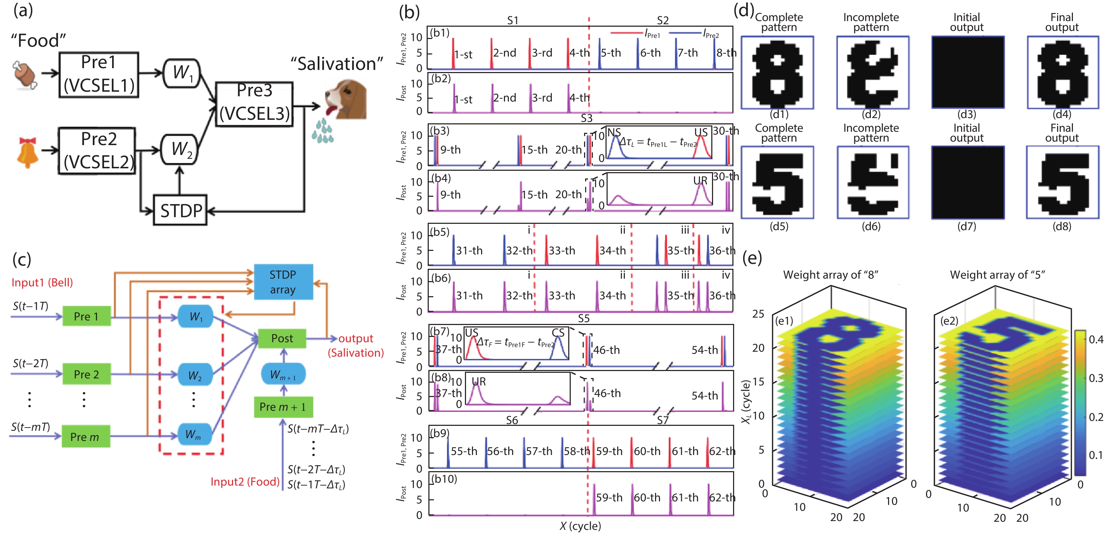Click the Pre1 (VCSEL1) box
pyautogui.click(x=98, y=75)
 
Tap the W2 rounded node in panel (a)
pyautogui.click(x=180, y=149)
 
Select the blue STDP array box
pyautogui.click(x=283, y=282)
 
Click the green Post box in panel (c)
pyautogui.click(x=282, y=338)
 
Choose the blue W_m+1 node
pyautogui.click(x=283, y=375)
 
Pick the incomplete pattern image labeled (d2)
pyautogui.click(x=872, y=73)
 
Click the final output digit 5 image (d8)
pyautogui.click(x=1062, y=183)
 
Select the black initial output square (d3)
pyautogui.click(x=967, y=73)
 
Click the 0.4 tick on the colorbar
pyautogui.click(x=1095, y=340)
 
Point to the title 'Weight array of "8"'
pyautogui.click(x=830, y=275)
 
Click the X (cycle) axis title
pyautogui.click(x=580, y=526)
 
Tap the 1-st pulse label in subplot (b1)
pyautogui.click(x=463, y=54)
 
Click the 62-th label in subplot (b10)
pyautogui.click(x=722, y=498)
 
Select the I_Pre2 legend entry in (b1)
pyautogui.click(x=711, y=33)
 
